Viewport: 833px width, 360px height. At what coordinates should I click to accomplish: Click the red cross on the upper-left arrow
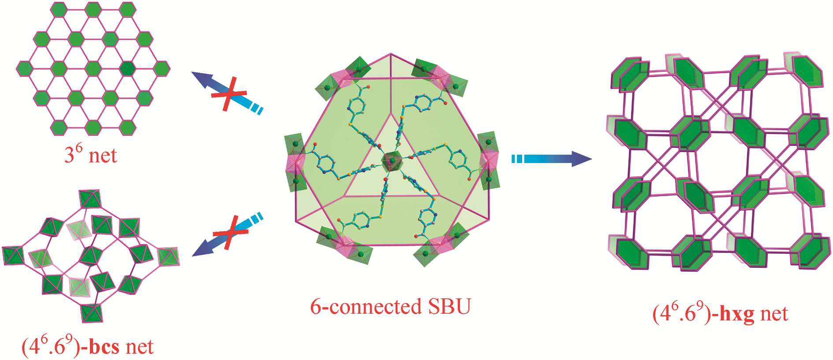[x=228, y=94]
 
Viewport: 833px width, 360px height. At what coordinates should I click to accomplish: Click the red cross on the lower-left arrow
[x=230, y=233]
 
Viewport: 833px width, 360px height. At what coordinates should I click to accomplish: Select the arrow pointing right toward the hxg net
[x=551, y=159]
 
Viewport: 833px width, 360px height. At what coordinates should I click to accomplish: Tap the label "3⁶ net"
[x=91, y=154]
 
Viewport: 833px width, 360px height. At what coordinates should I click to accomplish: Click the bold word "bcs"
[x=104, y=347]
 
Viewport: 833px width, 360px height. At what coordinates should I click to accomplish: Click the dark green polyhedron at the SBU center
[x=391, y=161]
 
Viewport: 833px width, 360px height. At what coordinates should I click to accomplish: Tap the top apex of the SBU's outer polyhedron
[x=390, y=54]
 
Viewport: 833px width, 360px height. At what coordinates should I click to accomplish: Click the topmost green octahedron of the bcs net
[x=90, y=199]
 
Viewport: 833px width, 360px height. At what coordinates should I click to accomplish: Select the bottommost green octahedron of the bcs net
[x=92, y=312]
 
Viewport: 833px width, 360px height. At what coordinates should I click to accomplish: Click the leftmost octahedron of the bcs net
[x=13, y=256]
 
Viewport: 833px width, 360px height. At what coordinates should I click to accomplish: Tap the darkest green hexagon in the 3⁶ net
[x=127, y=68]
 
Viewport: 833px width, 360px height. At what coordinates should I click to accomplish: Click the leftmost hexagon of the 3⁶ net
[x=25, y=69]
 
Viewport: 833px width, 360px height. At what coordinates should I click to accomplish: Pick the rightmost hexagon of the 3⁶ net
[x=162, y=68]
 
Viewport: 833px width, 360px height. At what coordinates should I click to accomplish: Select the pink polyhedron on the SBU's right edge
[x=489, y=159]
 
